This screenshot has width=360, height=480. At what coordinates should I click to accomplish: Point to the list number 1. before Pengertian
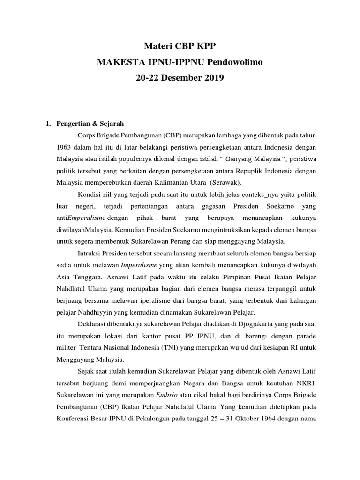(x=47, y=124)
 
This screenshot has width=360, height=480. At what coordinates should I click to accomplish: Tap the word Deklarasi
(x=91, y=323)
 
